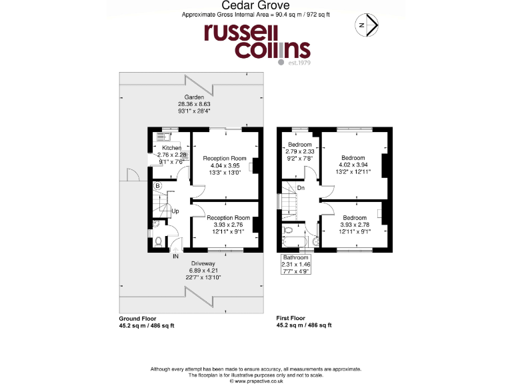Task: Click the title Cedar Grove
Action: click(257, 5)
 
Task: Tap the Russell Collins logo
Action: click(257, 43)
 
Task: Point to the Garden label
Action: click(194, 97)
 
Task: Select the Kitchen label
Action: click(171, 147)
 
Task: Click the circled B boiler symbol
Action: click(157, 186)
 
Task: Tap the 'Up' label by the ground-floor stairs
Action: click(175, 211)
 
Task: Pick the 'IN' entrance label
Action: click(175, 256)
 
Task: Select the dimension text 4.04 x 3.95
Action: click(224, 165)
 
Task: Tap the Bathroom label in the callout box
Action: click(295, 257)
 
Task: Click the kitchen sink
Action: click(160, 139)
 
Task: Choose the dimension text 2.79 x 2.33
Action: click(300, 151)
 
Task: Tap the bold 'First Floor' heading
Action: click(291, 319)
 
